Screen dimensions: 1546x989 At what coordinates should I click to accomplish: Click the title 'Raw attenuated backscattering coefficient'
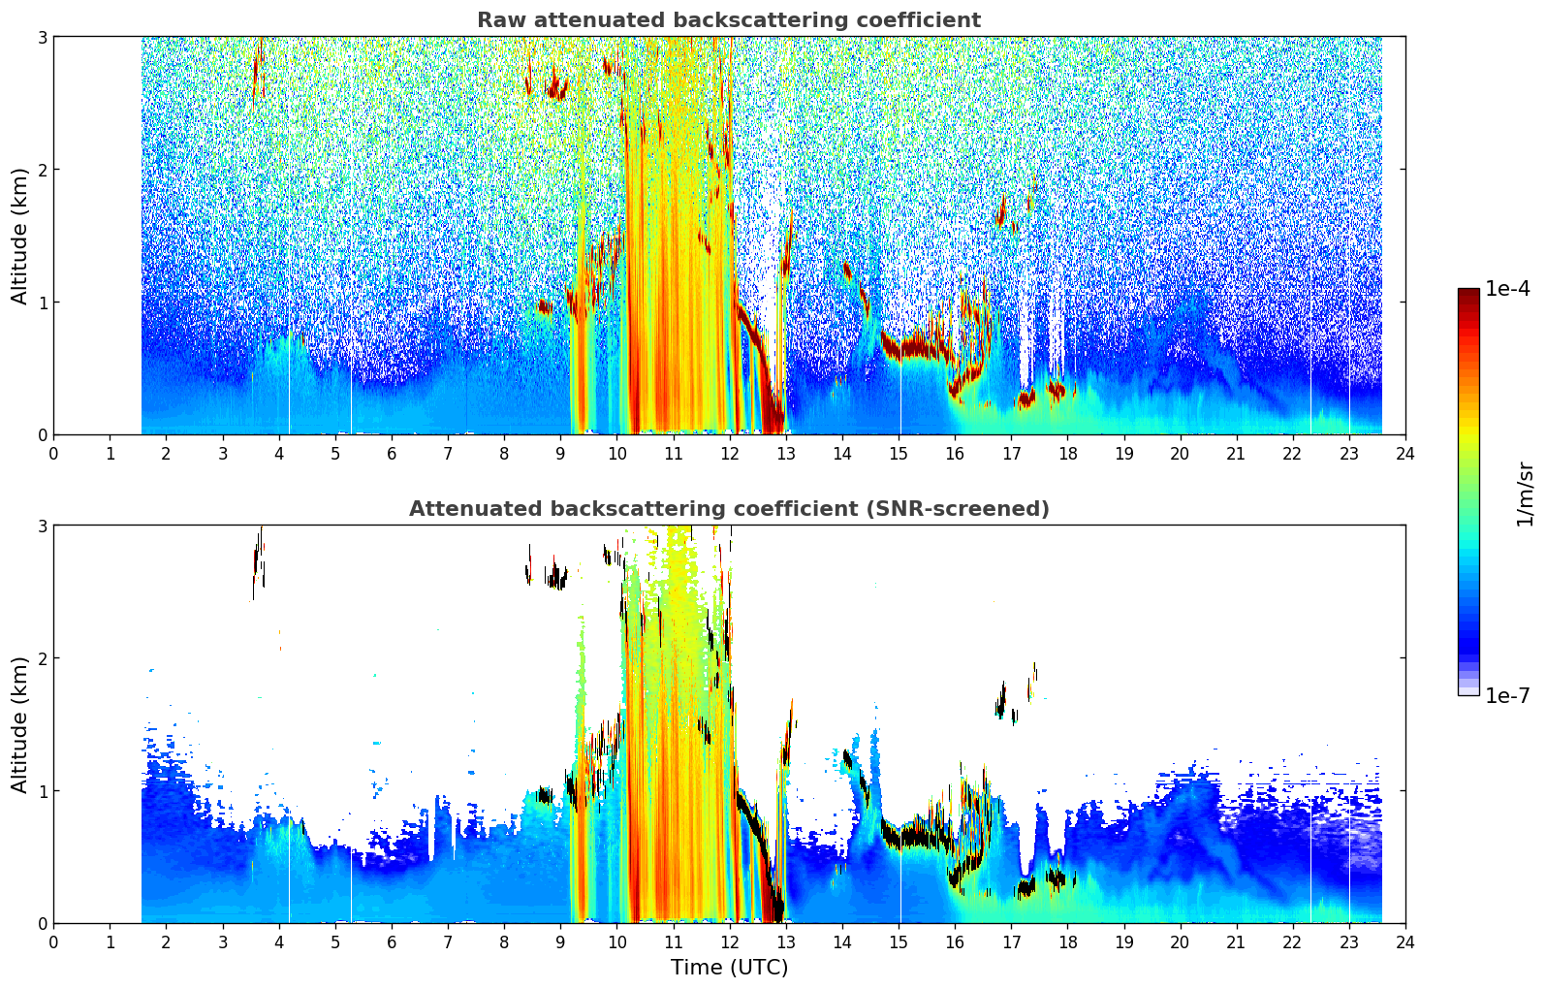(x=729, y=20)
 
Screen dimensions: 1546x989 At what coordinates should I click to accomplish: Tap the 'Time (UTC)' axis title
(x=729, y=968)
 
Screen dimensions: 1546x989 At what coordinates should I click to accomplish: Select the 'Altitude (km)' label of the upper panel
(x=19, y=237)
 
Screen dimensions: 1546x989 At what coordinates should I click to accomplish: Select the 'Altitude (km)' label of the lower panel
(x=19, y=725)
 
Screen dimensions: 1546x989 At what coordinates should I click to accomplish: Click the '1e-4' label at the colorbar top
(x=1507, y=289)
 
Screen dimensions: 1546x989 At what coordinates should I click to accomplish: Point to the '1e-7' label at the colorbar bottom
(x=1507, y=695)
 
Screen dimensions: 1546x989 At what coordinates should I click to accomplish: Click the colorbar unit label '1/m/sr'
(x=1525, y=495)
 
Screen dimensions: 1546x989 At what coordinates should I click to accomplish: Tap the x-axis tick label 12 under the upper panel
(x=730, y=454)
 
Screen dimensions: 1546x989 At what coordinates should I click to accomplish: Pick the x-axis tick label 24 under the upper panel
(x=1405, y=454)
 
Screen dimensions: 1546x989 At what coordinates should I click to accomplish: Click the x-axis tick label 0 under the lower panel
(x=54, y=942)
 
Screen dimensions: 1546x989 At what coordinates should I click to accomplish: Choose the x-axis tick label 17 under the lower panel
(x=1011, y=942)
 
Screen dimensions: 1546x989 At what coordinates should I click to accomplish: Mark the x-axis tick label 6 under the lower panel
(x=392, y=942)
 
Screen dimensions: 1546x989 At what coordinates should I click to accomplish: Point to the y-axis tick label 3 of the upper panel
(x=42, y=37)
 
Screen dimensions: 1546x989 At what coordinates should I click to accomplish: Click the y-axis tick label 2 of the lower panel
(x=42, y=658)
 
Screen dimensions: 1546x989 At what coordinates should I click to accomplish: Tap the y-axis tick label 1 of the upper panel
(x=42, y=303)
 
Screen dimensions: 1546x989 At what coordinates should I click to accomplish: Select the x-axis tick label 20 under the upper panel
(x=1181, y=454)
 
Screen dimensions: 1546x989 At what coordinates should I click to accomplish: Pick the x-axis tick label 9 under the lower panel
(x=560, y=942)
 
